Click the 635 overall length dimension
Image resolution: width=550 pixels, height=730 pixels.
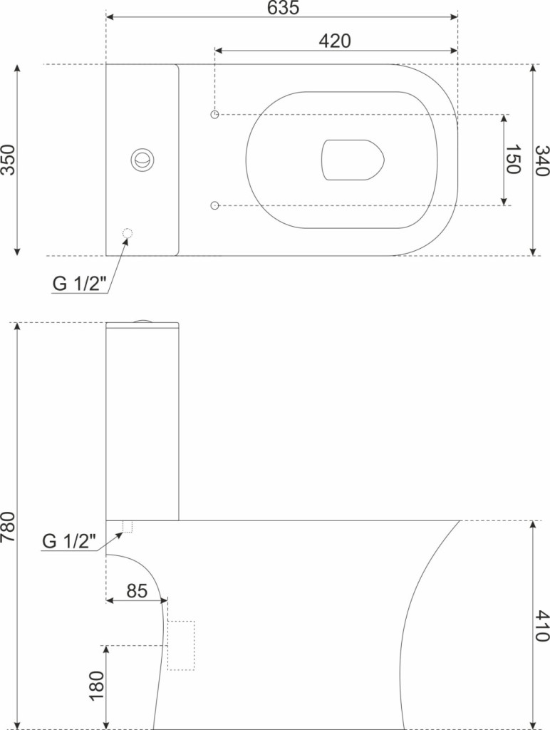tap(282, 8)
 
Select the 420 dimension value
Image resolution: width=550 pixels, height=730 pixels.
tap(334, 41)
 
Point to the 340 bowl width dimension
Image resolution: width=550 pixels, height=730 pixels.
tap(542, 160)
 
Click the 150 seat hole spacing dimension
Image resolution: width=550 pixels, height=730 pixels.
tap(512, 160)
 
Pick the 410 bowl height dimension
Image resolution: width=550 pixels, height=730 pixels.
tap(542, 625)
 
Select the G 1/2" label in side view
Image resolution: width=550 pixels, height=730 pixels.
tap(69, 541)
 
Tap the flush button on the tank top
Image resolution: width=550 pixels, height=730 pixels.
tap(142, 160)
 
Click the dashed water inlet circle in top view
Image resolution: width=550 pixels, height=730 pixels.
tap(127, 233)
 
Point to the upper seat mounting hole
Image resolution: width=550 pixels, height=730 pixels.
tap(214, 114)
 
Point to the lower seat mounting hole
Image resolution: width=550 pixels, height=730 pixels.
tap(214, 205)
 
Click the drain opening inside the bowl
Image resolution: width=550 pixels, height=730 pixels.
tap(352, 160)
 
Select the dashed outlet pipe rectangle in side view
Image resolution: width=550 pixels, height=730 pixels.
tap(181, 645)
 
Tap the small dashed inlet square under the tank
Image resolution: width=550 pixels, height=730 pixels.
tap(128, 527)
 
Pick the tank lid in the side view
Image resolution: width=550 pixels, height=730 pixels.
tap(142, 326)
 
